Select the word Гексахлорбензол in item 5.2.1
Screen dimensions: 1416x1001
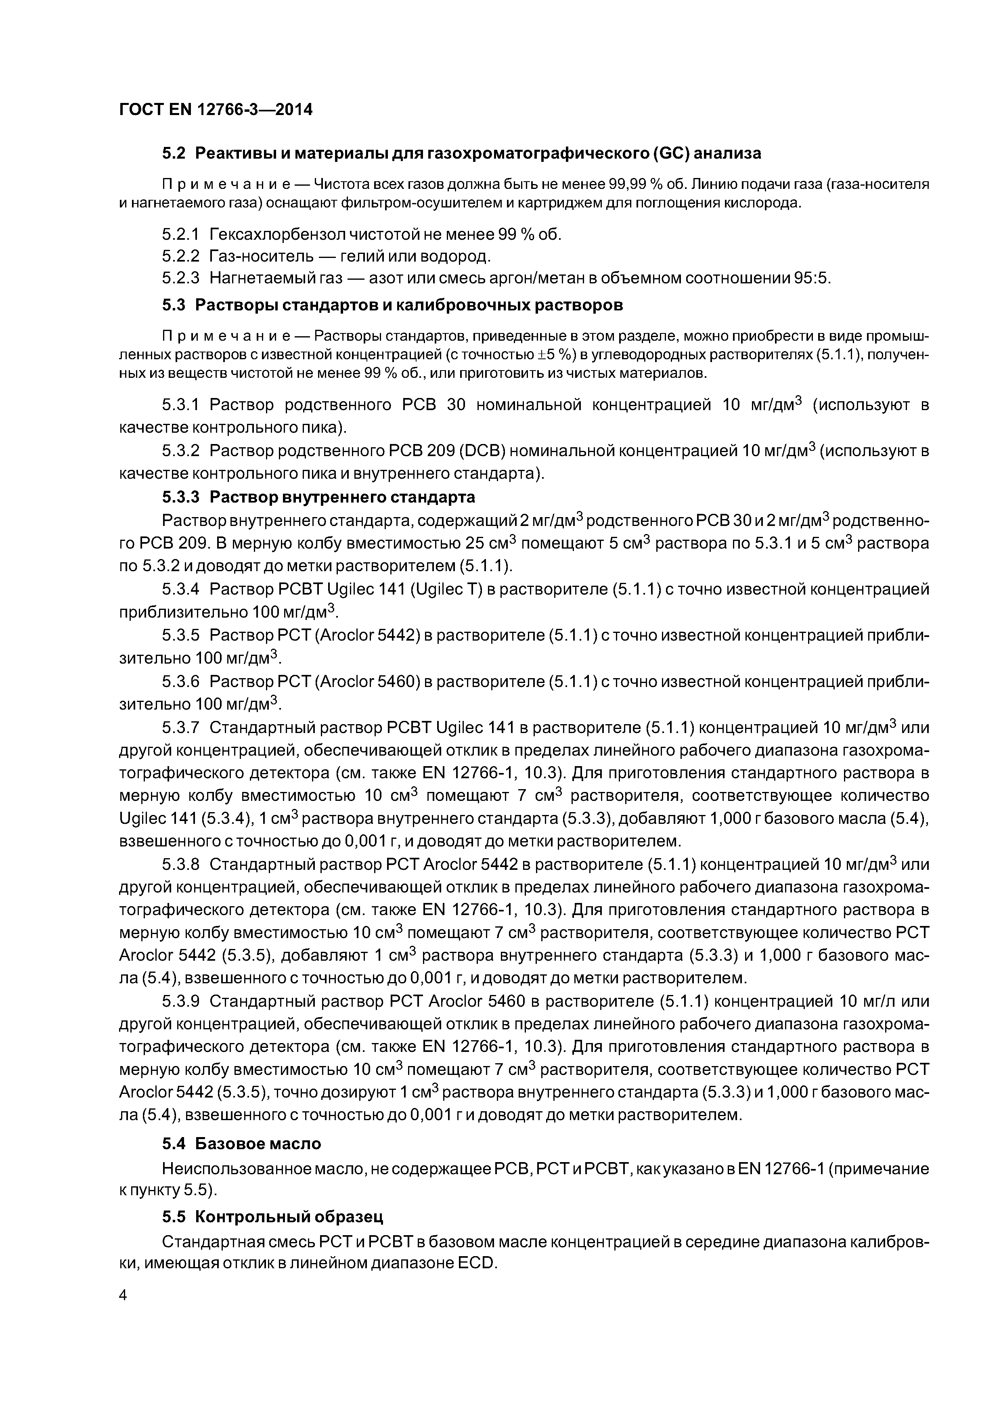pyautogui.click(x=278, y=235)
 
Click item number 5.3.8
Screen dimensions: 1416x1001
pyautogui.click(x=181, y=865)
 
